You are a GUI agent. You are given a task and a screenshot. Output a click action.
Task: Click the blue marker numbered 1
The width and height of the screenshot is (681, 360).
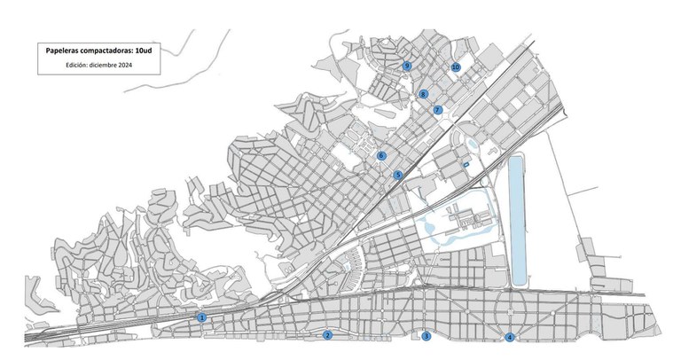[202, 317]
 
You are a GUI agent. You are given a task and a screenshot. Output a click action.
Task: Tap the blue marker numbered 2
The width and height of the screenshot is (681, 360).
[327, 335]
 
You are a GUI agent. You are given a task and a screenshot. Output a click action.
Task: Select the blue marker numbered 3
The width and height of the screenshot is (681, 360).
[427, 336]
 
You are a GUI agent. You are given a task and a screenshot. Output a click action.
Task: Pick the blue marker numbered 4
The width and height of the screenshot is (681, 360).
[510, 337]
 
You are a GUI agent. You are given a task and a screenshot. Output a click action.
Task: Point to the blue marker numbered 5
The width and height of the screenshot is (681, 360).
[398, 176]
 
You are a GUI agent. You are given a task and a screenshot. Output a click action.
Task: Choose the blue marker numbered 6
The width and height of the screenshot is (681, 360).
[381, 155]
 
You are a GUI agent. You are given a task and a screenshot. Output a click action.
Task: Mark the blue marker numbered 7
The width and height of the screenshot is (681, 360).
[437, 110]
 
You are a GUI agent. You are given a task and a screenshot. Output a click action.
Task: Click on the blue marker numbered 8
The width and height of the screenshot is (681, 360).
[423, 94]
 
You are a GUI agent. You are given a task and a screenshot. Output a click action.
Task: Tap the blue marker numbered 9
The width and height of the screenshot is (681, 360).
[407, 66]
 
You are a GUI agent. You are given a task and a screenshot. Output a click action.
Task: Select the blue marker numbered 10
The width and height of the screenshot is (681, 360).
[456, 67]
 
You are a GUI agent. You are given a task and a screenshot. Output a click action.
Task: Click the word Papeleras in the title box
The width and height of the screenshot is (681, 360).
[65, 51]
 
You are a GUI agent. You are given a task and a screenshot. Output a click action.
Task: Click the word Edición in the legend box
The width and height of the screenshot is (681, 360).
[77, 65]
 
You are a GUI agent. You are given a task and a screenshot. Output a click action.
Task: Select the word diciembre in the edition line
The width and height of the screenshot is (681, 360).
[105, 65]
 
